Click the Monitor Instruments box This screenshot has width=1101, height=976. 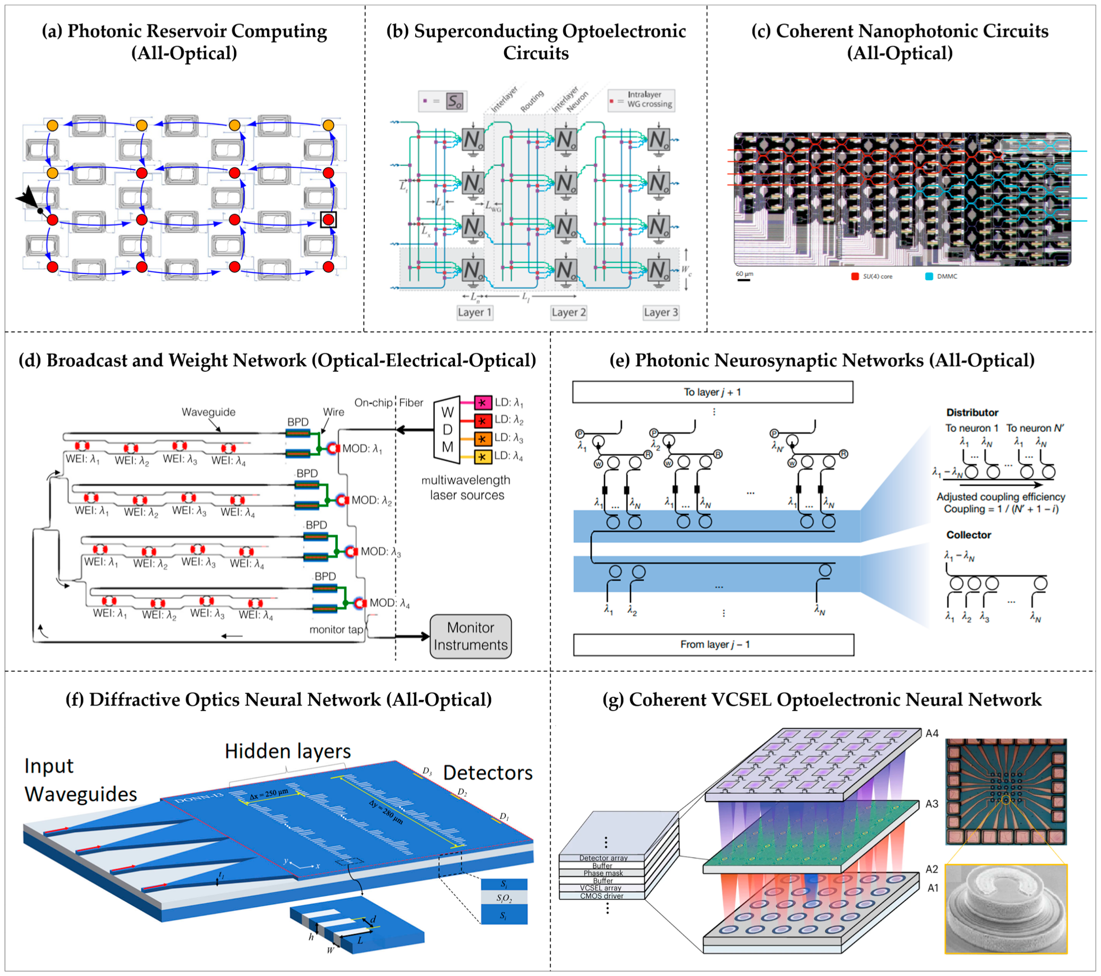click(470, 636)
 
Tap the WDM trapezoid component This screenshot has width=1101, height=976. click(447, 430)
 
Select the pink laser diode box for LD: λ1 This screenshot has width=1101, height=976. click(483, 402)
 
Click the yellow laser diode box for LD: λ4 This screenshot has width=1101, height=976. click(483, 457)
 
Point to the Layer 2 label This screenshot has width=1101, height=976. click(568, 312)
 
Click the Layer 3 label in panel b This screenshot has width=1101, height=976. click(660, 312)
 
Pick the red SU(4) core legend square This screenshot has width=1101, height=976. click(855, 276)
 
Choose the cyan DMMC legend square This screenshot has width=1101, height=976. click(929, 276)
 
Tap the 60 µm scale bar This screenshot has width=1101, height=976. click(744, 280)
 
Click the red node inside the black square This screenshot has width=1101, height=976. click(328, 220)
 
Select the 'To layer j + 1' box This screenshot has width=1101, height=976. click(712, 392)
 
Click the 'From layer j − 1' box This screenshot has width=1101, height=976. click(714, 644)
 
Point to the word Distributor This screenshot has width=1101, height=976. click(972, 412)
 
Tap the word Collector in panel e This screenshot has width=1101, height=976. click(969, 535)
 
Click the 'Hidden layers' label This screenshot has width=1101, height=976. click(287, 751)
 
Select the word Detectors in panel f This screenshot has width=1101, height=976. click(487, 773)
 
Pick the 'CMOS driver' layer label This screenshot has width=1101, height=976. click(602, 896)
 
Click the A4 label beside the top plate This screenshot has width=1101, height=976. click(932, 733)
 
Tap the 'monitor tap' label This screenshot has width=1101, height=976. click(336, 629)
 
